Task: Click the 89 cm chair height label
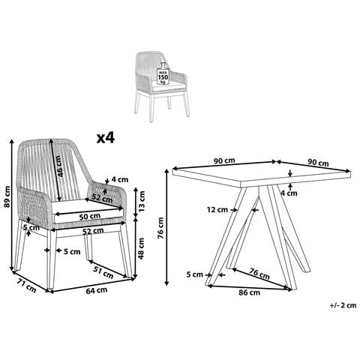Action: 7,196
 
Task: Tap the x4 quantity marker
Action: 106,138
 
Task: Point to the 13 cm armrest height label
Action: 142,201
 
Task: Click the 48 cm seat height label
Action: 141,248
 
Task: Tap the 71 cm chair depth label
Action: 26,286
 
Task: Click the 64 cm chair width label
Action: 97,291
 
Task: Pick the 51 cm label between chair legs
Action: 103,272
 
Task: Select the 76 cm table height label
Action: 160,228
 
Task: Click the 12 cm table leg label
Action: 217,209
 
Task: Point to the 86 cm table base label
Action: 249,292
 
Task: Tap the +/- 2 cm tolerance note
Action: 343,305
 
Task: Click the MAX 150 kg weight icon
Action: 163,74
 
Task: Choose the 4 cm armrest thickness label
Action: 119,179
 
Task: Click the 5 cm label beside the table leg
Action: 194,274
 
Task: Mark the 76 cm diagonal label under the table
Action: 259,274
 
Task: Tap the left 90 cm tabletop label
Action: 224,160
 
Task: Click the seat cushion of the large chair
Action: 88,210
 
